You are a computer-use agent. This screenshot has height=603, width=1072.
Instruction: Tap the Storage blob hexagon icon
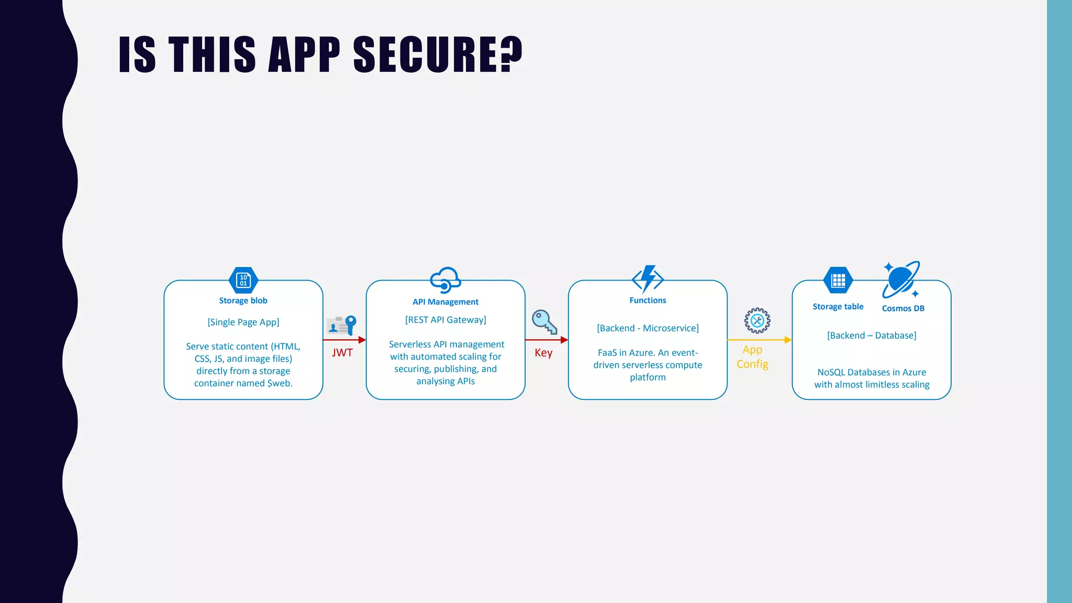[x=243, y=280]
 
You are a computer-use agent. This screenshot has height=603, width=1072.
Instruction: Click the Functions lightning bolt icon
[x=648, y=278]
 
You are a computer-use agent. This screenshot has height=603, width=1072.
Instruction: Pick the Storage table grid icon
[x=838, y=281]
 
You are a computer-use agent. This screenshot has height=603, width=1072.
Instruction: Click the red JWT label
[x=342, y=353]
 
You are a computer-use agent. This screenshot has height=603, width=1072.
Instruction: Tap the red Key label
[x=543, y=353]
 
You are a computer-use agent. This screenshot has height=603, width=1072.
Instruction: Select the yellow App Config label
[x=752, y=357]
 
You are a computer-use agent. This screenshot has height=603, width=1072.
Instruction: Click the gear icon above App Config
[x=757, y=320]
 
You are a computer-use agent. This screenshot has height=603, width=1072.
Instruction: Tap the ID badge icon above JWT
[x=341, y=325]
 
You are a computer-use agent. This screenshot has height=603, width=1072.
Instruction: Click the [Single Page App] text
[x=243, y=322]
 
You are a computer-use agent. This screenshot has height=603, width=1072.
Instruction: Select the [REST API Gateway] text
[x=445, y=320]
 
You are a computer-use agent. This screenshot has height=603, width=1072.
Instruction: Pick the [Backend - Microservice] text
[x=647, y=328]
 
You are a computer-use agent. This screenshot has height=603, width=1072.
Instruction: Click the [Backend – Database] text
[x=872, y=336]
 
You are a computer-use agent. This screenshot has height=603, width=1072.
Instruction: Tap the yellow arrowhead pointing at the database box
[x=788, y=340]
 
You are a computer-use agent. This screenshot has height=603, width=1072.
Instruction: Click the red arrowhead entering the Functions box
[x=564, y=340]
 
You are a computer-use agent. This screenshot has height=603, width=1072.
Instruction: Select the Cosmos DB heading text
[x=903, y=308]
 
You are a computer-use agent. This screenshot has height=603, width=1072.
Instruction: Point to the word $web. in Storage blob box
[x=280, y=383]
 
